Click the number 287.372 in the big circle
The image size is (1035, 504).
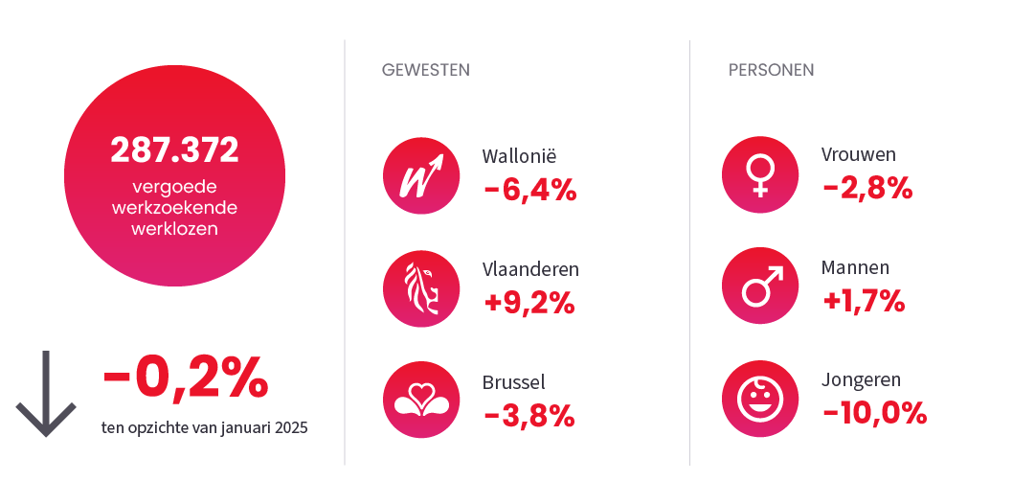(x=174, y=150)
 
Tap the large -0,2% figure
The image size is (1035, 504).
(x=185, y=378)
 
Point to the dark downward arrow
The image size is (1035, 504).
(x=46, y=394)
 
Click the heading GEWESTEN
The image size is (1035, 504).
(x=425, y=70)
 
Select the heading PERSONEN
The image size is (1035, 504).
(x=771, y=70)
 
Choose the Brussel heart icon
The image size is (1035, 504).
(x=418, y=400)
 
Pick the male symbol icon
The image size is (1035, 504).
(x=760, y=286)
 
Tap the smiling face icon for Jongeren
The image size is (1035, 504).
(x=760, y=398)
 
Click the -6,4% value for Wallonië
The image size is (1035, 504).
(x=530, y=190)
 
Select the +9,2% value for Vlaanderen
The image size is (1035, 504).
(x=529, y=303)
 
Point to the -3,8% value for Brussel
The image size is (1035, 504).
(x=529, y=415)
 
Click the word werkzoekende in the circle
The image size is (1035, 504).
(x=174, y=208)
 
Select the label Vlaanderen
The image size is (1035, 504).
(x=530, y=269)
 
